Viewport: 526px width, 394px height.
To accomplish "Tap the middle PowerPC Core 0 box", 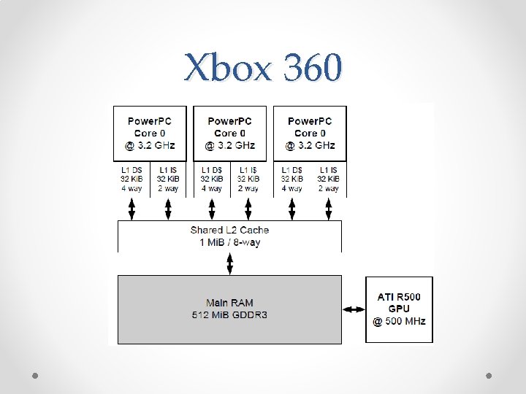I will [x=229, y=134].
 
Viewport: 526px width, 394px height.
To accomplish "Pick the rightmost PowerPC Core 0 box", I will [x=310, y=134].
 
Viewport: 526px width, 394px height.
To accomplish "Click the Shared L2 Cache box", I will [x=229, y=236].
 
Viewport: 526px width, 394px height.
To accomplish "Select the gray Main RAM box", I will [x=229, y=309].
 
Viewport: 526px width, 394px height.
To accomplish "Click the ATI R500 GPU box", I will [x=399, y=309].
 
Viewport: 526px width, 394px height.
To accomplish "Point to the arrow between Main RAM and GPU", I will [x=354, y=309].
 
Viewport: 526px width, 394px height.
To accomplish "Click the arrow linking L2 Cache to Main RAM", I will [x=230, y=263].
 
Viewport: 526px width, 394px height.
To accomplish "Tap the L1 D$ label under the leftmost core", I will [x=131, y=170].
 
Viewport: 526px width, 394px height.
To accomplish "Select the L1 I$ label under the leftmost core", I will [x=168, y=170].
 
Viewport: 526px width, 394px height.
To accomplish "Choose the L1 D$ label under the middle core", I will [x=212, y=170].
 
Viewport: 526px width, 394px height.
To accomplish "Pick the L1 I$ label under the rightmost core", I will [x=328, y=170].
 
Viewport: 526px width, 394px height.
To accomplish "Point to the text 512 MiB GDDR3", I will [x=229, y=315].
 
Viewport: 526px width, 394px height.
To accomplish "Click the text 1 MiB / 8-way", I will [x=229, y=242].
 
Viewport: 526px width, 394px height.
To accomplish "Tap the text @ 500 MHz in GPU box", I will [x=399, y=321].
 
